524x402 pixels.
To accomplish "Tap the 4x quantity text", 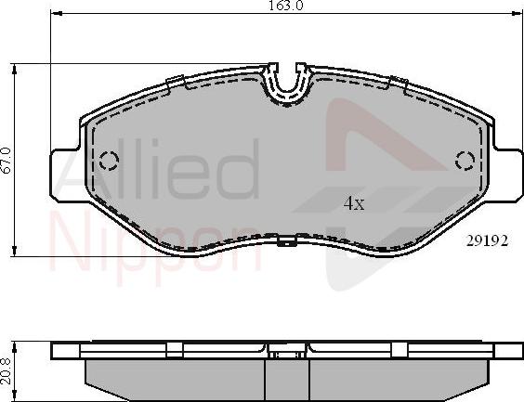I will tap(352, 202).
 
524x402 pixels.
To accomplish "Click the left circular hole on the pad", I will tap(108, 161).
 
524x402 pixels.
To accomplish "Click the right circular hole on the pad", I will tap(465, 161).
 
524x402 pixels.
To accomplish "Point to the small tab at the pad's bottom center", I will tap(287, 242).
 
